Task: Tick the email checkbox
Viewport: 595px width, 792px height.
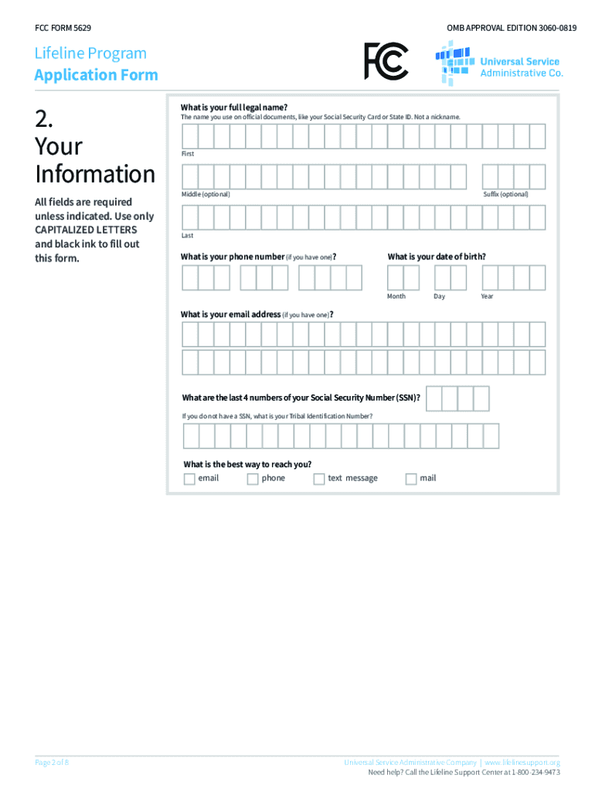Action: pyautogui.click(x=189, y=479)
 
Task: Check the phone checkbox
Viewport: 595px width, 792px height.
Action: pyautogui.click(x=253, y=479)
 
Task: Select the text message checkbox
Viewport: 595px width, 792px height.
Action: pyautogui.click(x=319, y=479)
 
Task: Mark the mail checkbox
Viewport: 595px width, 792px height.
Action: pyautogui.click(x=411, y=479)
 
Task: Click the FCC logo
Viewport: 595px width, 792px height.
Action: pyautogui.click(x=386, y=61)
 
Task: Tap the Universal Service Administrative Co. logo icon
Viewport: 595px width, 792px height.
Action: pyautogui.click(x=454, y=63)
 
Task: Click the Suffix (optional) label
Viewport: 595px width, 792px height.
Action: pyautogui.click(x=505, y=194)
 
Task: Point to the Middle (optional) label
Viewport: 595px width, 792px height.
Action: pyautogui.click(x=206, y=194)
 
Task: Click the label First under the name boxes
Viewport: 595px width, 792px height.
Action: pyautogui.click(x=188, y=154)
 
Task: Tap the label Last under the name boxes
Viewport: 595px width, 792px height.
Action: pyautogui.click(x=188, y=235)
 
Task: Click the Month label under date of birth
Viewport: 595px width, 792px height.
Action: pyautogui.click(x=396, y=296)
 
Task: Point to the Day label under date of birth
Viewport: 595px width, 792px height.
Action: pyautogui.click(x=439, y=296)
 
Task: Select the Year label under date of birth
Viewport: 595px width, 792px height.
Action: pyautogui.click(x=487, y=296)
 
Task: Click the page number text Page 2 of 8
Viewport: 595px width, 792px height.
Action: pyautogui.click(x=53, y=763)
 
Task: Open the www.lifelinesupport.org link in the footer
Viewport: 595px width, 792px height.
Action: pyautogui.click(x=522, y=763)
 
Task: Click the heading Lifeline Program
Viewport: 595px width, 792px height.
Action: pyautogui.click(x=90, y=53)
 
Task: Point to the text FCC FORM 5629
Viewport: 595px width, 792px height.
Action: pyautogui.click(x=63, y=28)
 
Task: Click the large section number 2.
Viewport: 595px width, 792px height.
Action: pyautogui.click(x=44, y=118)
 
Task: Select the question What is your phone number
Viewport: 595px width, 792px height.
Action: pyautogui.click(x=233, y=257)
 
